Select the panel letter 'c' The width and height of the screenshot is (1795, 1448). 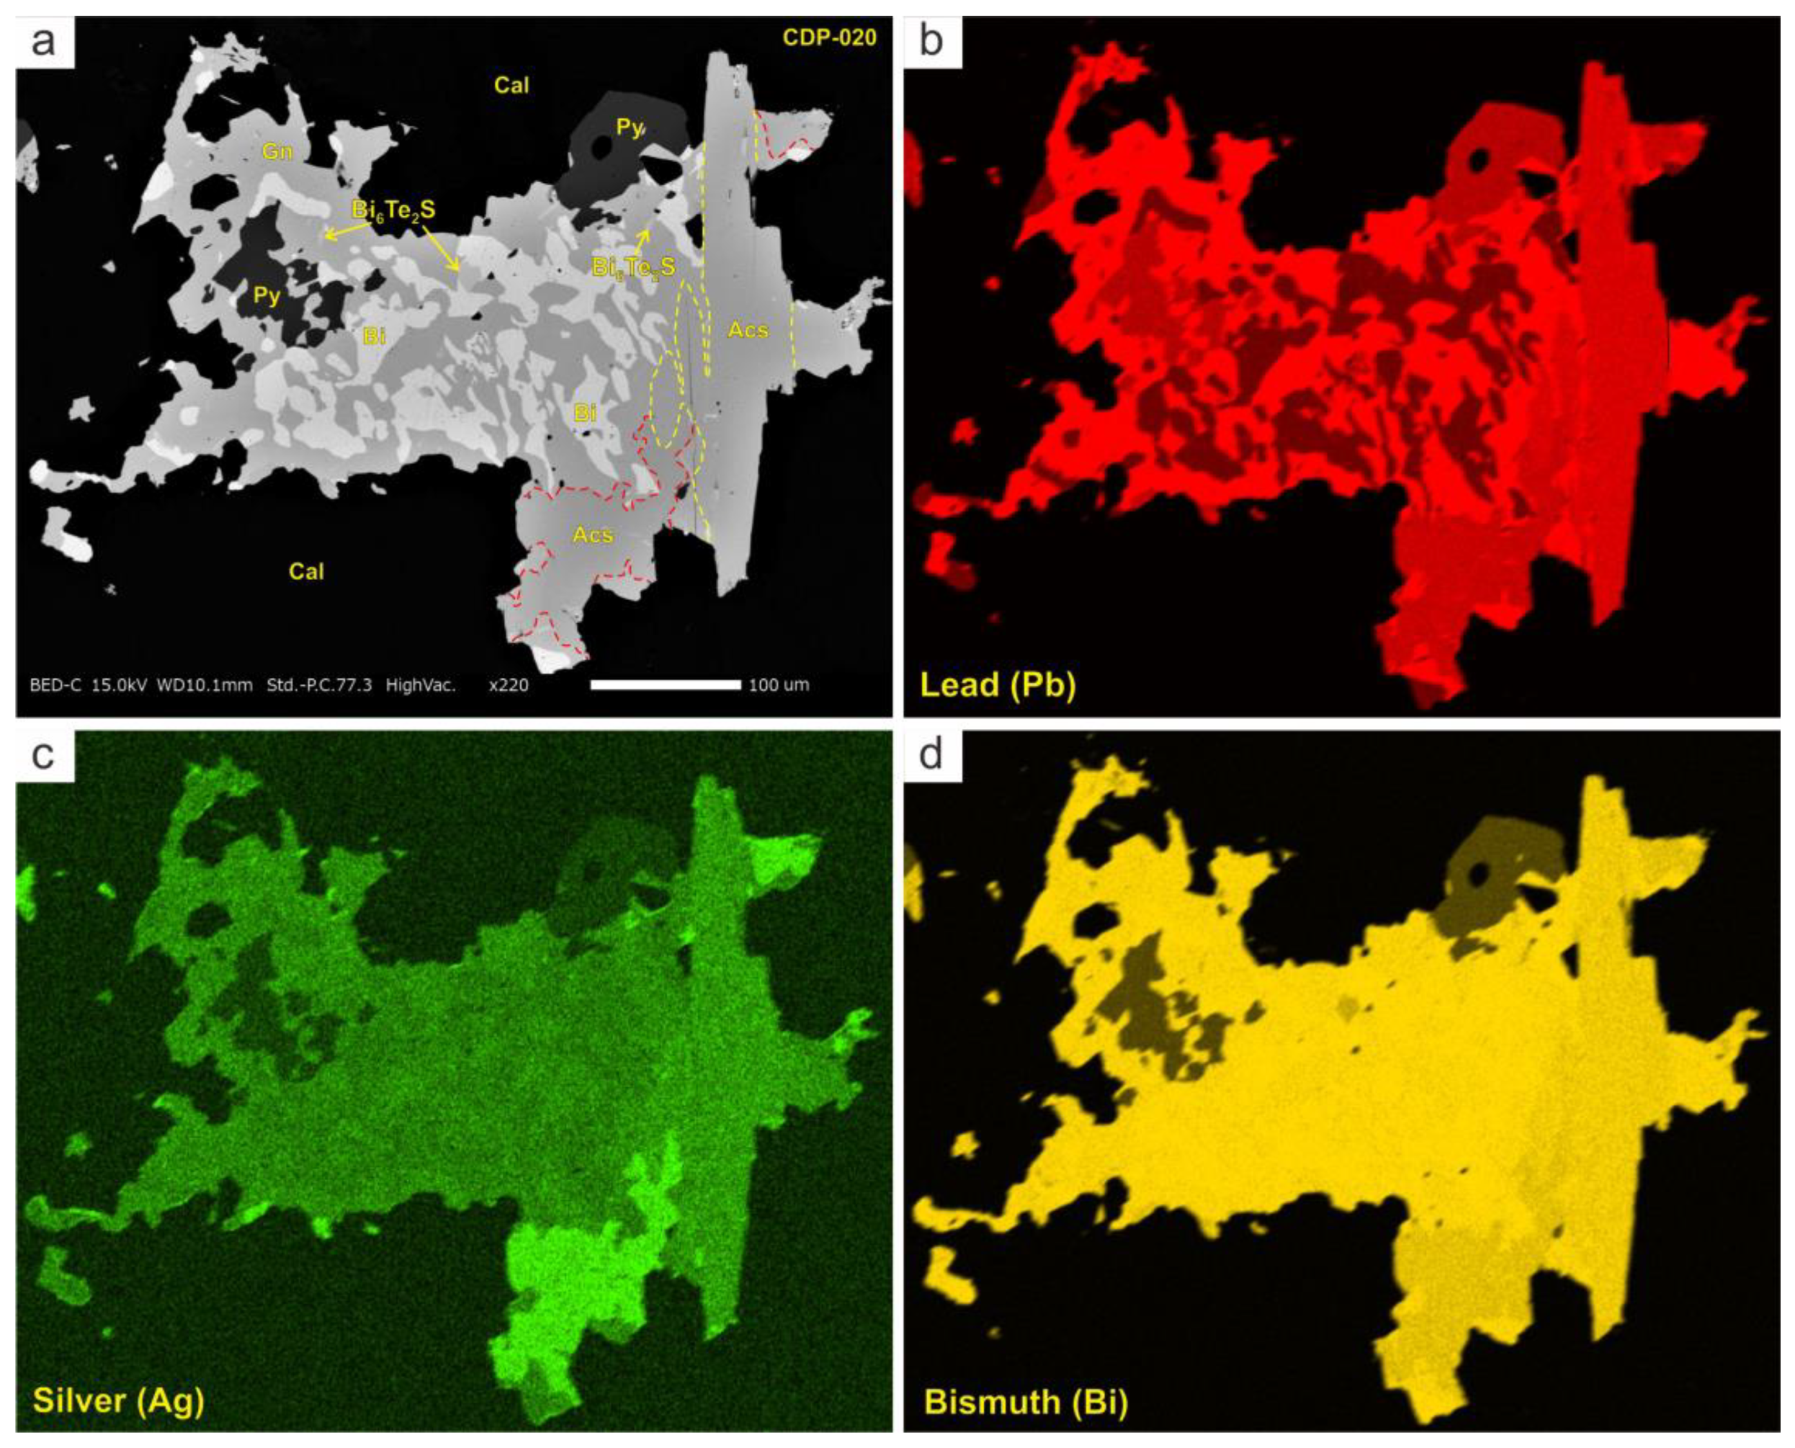(43, 755)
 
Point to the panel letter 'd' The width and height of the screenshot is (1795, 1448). (930, 755)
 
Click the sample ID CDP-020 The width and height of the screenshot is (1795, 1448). (829, 37)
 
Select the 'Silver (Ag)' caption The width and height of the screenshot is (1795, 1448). (119, 1400)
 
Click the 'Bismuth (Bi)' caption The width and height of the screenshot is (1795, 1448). (1026, 1401)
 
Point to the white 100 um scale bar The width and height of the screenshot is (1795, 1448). (665, 685)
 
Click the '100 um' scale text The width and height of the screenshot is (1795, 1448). (778, 686)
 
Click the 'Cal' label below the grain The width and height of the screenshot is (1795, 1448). (306, 571)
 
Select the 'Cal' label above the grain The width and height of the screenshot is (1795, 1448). (511, 85)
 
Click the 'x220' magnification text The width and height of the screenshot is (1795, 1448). (508, 686)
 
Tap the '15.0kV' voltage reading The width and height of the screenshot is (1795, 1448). (119, 686)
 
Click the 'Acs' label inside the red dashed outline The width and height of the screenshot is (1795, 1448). (593, 534)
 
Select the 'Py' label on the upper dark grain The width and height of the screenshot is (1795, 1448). (628, 127)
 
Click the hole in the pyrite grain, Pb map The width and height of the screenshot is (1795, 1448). (1481, 158)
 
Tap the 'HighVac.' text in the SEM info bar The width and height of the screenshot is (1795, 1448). (421, 686)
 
